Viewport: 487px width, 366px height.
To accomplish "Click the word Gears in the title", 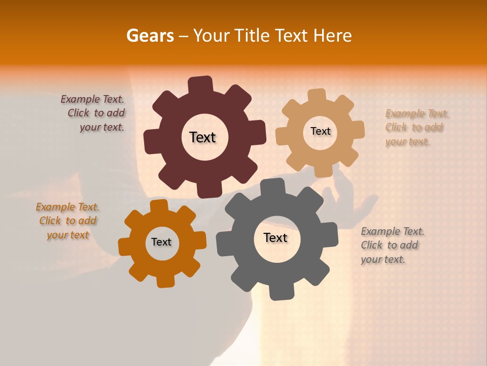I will pos(150,36).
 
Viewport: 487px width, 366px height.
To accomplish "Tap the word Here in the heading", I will pos(333,36).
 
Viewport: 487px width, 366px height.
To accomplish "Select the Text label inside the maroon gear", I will pos(202,137).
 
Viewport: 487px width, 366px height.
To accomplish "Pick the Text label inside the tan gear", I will pos(320,131).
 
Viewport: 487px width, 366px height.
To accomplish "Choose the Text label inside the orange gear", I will pos(161,242).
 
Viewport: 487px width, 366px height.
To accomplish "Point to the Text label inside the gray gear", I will pos(275,237).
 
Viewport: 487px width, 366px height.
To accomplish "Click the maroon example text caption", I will pos(94,113).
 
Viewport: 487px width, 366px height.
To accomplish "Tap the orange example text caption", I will pos(67,221).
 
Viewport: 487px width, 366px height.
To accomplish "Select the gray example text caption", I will pos(392,245).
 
